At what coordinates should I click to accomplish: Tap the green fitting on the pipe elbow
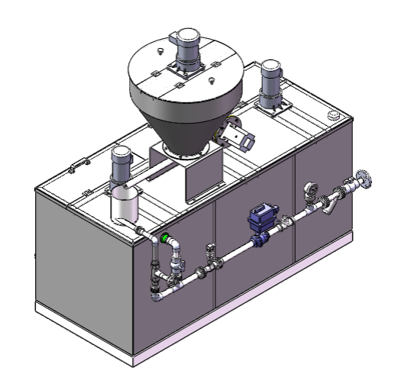point(163,238)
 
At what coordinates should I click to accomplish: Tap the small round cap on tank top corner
point(333,115)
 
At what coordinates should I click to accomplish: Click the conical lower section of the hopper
point(183,122)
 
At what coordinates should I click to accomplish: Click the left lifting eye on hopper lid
point(159,51)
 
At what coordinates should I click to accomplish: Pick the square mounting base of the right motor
point(272,108)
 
